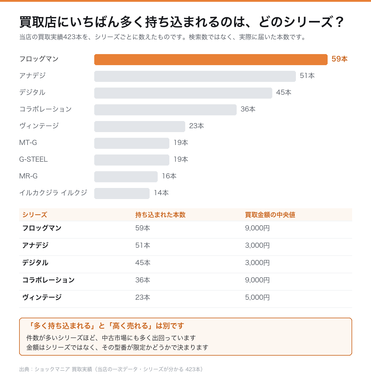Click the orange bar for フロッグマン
pyautogui.click(x=211, y=59)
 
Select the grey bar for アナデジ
pyautogui.click(x=195, y=77)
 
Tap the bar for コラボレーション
pyautogui.click(x=165, y=110)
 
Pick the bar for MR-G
pyautogui.click(x=126, y=177)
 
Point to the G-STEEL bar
pyautogui.click(x=132, y=160)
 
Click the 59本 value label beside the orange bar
pyautogui.click(x=339, y=59)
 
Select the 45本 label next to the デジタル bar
pyautogui.click(x=284, y=92)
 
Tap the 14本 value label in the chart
pyautogui.click(x=161, y=192)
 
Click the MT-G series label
pyautogui.click(x=28, y=143)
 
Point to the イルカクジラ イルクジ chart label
pyautogui.click(x=53, y=192)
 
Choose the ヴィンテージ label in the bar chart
pyautogui.click(x=39, y=126)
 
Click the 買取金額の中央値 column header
pyautogui.click(x=270, y=215)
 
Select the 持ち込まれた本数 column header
pyautogui.click(x=160, y=215)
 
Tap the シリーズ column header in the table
pyautogui.click(x=35, y=215)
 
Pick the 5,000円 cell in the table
pyautogui.click(x=257, y=297)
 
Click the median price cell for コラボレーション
pyautogui.click(x=257, y=280)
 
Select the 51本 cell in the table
pyautogui.click(x=143, y=245)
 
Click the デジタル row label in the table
pyautogui.click(x=35, y=263)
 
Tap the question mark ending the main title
pyautogui.click(x=340, y=22)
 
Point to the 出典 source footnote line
pyautogui.click(x=111, y=369)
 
